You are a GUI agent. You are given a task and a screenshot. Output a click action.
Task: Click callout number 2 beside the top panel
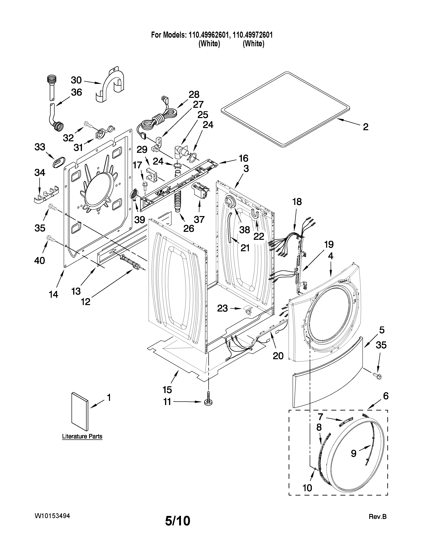point(366,127)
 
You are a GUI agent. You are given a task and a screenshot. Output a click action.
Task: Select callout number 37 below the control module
point(199,219)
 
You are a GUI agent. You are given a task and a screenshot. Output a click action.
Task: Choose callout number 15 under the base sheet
point(167,390)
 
